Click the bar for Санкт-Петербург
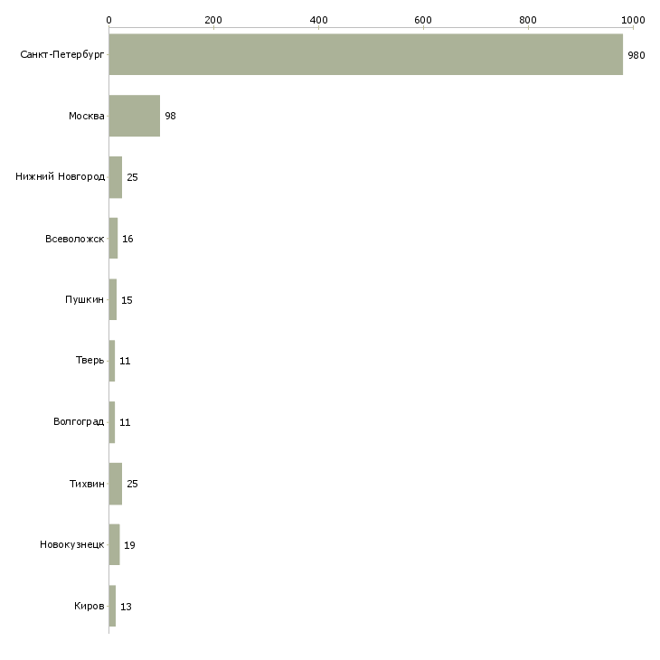coord(366,54)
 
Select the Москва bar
coord(135,116)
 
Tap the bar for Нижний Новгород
coord(116,177)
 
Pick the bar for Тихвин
coord(116,484)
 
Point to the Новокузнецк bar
coord(114,544)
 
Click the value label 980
coord(636,55)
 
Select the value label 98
coord(170,116)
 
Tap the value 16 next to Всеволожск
coord(127,239)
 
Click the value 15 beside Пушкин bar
coord(127,300)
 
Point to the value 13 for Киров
coord(126,607)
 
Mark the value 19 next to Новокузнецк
coord(129,545)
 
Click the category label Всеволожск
coord(74,239)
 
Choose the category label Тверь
coord(90,360)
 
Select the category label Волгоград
coord(79,421)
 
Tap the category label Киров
coord(90,606)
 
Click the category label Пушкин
coord(84,299)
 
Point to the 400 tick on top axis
coord(318,20)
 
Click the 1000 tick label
coord(633,20)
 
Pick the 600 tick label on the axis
coord(423,20)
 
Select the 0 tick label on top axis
coord(109,20)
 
